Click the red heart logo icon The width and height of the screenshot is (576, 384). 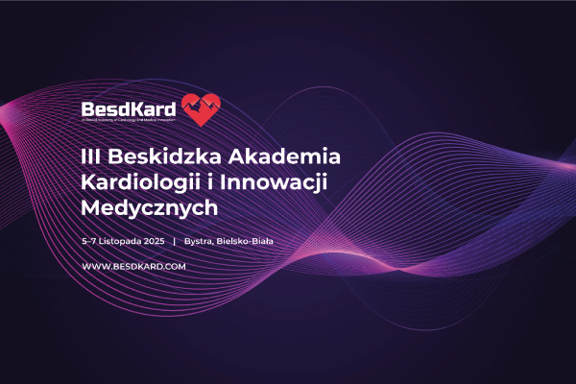point(202,109)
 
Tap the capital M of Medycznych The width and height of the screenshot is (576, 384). point(94,206)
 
